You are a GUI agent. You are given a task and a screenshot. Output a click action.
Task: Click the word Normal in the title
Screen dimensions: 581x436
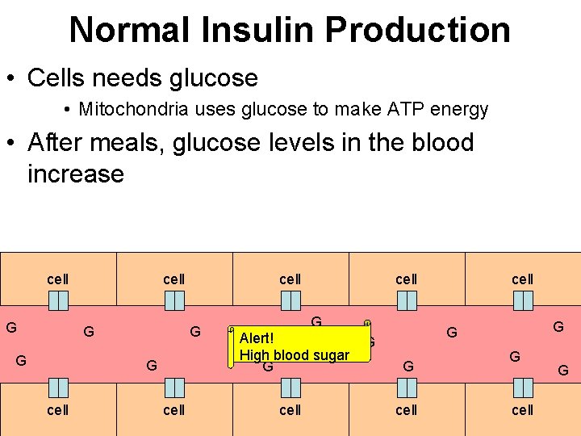(x=125, y=30)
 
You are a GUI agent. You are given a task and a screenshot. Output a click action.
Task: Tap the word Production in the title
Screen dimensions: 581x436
(x=417, y=30)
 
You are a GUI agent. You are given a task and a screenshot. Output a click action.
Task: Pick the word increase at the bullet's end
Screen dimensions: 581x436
(x=75, y=174)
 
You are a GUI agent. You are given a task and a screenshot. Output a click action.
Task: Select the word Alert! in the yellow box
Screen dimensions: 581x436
(x=257, y=338)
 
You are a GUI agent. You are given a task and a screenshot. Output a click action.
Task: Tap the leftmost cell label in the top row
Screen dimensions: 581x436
(x=58, y=279)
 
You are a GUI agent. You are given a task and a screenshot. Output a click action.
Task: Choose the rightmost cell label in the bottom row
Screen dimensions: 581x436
(x=523, y=409)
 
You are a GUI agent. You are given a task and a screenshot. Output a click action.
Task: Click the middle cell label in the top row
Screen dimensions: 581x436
(x=290, y=279)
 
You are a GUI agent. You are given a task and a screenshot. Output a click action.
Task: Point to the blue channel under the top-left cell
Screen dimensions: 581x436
(x=58, y=300)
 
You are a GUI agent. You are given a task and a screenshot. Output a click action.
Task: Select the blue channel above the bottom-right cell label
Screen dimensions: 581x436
(x=523, y=388)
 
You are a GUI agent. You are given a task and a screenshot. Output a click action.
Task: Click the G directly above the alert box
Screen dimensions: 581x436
(x=316, y=322)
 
